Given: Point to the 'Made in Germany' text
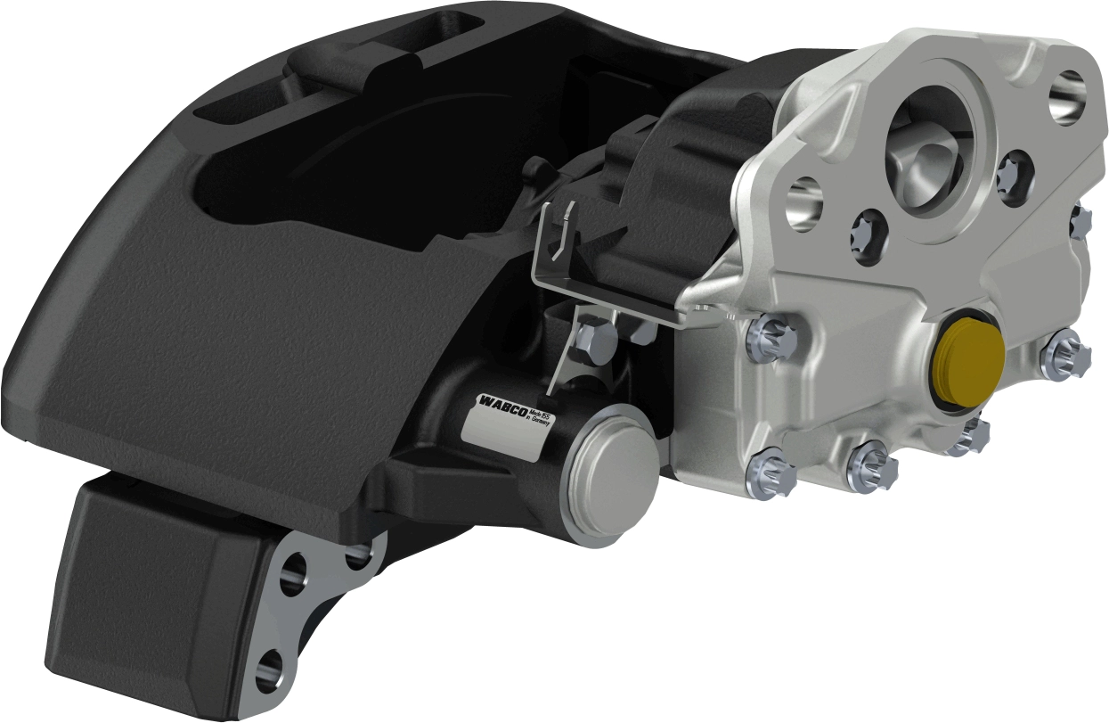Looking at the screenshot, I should pos(541,419).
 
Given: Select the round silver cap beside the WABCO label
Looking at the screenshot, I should pos(613,472).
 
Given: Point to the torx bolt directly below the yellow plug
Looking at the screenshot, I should pos(971,436).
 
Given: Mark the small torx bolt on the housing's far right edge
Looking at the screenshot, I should pos(1082,220).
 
